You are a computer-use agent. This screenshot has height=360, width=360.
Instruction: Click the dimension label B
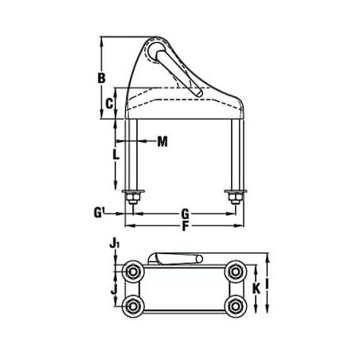tap(102, 78)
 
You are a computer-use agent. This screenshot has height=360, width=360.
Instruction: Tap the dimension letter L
tap(116, 155)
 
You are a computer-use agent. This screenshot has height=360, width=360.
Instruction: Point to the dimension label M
tap(162, 142)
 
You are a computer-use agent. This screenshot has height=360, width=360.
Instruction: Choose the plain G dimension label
tap(185, 213)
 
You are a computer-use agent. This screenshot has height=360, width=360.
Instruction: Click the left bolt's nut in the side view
tap(132, 196)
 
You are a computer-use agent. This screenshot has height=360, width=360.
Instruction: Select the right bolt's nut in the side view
tap(235, 196)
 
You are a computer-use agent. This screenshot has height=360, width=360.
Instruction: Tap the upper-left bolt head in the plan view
tap(132, 272)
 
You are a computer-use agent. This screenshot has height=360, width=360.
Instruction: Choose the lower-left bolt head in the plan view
tap(132, 307)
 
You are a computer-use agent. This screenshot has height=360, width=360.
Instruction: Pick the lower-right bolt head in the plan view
tap(234, 307)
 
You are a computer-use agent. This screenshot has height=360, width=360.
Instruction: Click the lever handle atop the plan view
tap(174, 257)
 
